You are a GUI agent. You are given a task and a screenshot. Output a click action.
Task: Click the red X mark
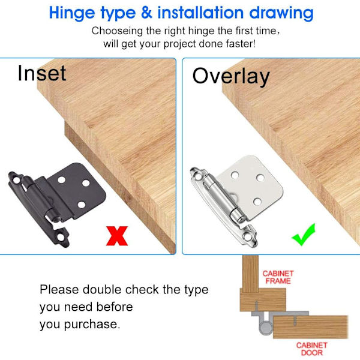[117, 236]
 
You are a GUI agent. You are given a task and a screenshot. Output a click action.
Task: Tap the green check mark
[303, 235]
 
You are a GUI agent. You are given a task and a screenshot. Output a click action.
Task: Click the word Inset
[42, 73]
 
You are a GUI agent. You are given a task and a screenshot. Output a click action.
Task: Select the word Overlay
[231, 77]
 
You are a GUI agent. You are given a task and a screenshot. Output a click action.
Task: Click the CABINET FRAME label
[278, 277]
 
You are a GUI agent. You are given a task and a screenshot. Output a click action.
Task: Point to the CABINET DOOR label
[312, 349]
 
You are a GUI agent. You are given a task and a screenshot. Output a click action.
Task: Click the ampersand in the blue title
[147, 13]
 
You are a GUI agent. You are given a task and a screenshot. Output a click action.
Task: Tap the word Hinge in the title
[72, 13]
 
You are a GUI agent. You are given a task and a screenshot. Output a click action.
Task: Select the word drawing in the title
[281, 13]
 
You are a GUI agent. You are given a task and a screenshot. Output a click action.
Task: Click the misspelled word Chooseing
[117, 31]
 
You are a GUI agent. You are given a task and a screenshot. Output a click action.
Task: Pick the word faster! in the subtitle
[241, 44]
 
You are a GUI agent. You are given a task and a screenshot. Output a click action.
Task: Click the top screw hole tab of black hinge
[16, 179]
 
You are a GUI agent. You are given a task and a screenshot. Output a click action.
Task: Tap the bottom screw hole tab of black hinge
[61, 238]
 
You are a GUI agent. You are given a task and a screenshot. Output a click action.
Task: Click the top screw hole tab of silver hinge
[197, 175]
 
